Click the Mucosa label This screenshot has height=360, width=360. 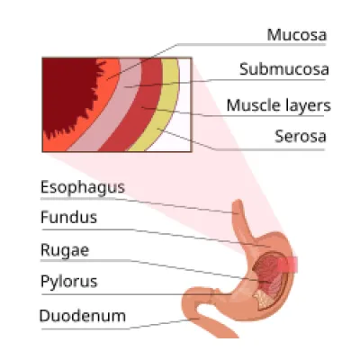point(296,35)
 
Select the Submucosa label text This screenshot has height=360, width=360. point(284,69)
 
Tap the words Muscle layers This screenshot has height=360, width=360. point(278,105)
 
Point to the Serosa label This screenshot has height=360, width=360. point(301,136)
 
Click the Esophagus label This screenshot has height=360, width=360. point(83,188)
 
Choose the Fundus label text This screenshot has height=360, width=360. point(68,217)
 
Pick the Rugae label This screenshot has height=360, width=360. point(65,250)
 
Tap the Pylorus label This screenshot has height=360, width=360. point(69,282)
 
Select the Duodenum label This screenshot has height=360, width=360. point(83,316)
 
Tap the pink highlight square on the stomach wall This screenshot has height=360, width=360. point(287,265)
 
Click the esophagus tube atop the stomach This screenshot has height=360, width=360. point(240,219)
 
